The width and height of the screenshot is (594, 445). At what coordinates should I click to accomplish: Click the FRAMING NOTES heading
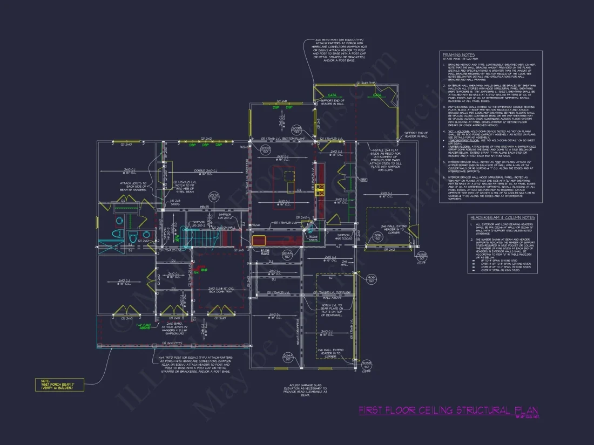tap(458, 55)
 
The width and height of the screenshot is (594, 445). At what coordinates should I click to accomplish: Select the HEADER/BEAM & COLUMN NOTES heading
tap(502, 217)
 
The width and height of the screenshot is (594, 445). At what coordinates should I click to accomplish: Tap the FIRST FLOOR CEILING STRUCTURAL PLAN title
tap(448, 411)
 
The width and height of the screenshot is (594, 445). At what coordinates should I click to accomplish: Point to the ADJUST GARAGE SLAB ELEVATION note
tap(307, 391)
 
